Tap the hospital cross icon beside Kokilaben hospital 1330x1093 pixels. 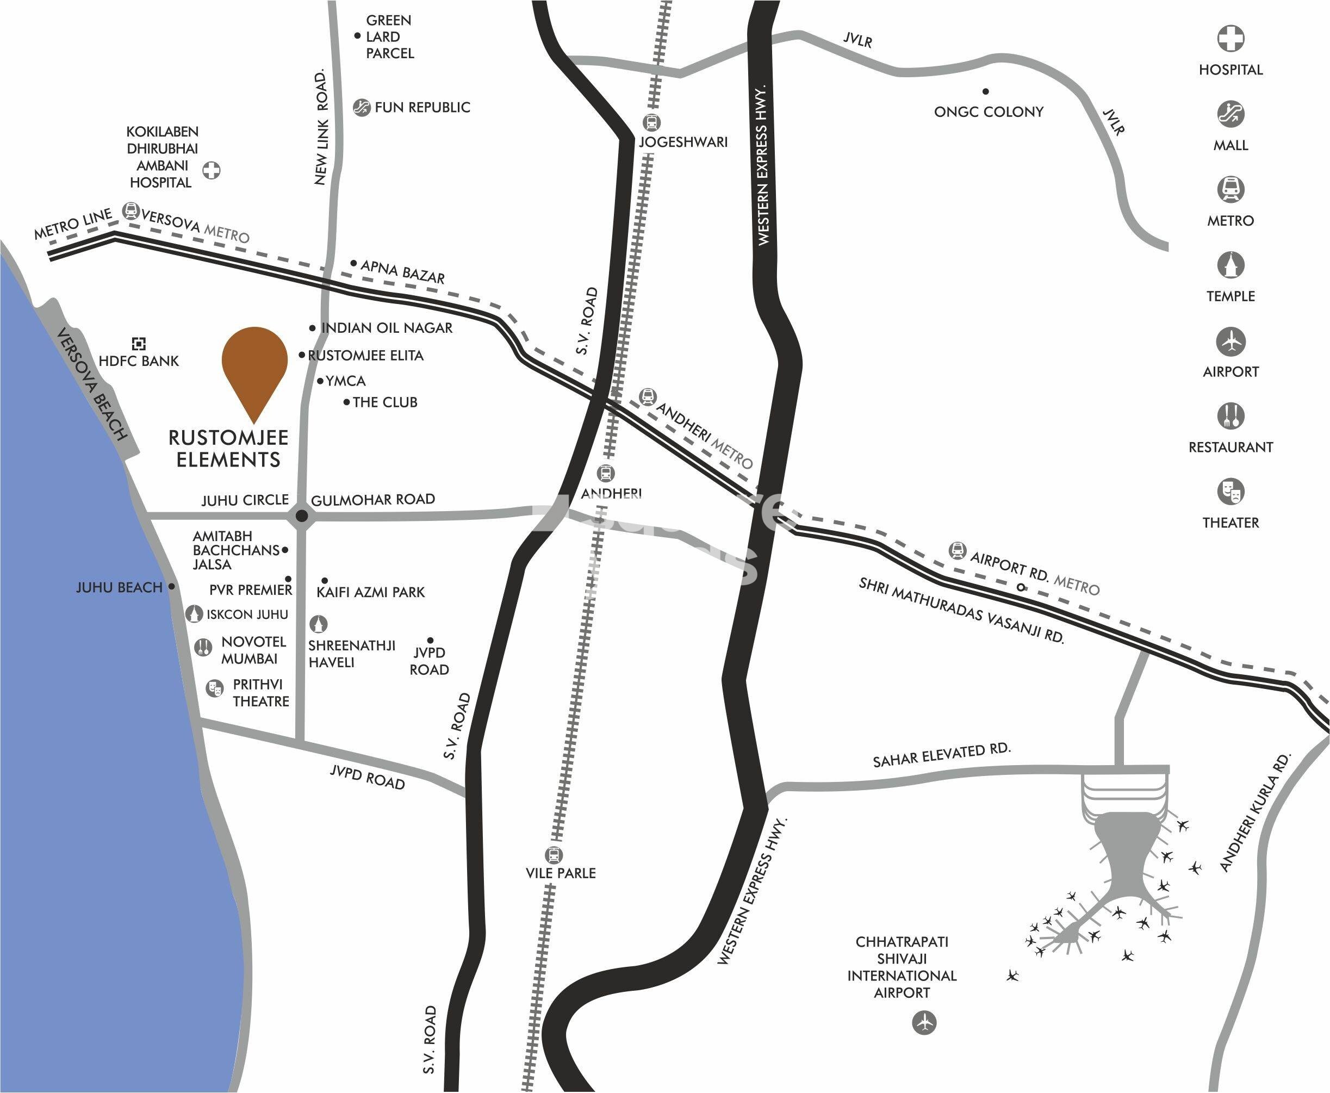[212, 170]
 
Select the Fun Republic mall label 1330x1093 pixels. [422, 108]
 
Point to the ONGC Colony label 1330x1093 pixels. [988, 112]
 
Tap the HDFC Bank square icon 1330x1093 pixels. [139, 343]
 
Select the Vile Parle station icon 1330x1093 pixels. [554, 855]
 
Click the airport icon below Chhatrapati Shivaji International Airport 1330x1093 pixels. [924, 1022]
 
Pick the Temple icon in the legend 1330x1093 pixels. [1230, 265]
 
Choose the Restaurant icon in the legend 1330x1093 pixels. [1230, 416]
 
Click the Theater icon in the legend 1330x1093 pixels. [1230, 492]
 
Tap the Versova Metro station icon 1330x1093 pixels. [131, 210]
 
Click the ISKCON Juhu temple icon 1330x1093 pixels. [195, 613]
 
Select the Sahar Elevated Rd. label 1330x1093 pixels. [941, 755]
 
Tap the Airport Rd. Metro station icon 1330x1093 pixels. [958, 551]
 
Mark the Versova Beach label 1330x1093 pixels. [92, 384]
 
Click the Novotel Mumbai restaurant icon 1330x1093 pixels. [203, 647]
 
